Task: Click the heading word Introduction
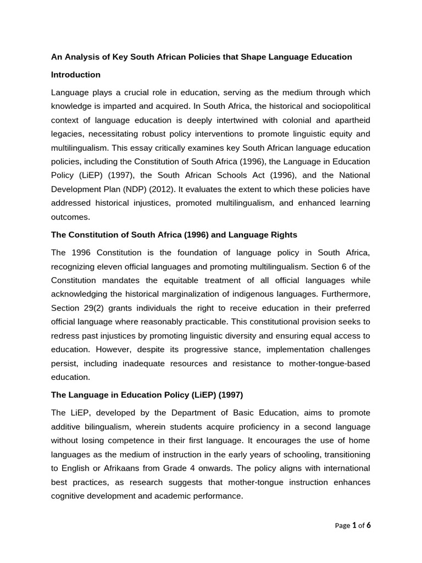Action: (x=76, y=75)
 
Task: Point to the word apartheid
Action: (x=352, y=120)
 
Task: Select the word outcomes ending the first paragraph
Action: (x=70, y=217)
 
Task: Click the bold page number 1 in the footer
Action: (x=354, y=526)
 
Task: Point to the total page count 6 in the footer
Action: (x=369, y=526)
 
